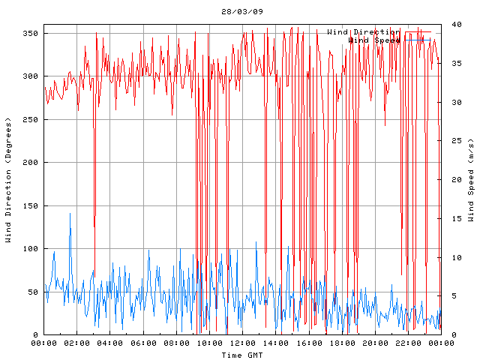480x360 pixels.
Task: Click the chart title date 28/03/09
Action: pyautogui.click(x=242, y=12)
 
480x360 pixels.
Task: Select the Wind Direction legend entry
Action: pyautogui.click(x=363, y=32)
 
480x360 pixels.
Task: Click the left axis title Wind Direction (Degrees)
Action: pyautogui.click(x=8, y=180)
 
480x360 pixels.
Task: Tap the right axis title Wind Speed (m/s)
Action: pyautogui.click(x=471, y=180)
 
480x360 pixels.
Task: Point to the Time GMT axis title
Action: pyautogui.click(x=242, y=355)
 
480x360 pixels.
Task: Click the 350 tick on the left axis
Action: pyautogui.click(x=30, y=34)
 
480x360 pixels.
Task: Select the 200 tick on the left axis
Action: pyautogui.click(x=30, y=162)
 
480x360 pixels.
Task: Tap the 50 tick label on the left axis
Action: pyautogui.click(x=32, y=292)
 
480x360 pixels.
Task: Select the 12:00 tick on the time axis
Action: pyautogui.click(x=242, y=343)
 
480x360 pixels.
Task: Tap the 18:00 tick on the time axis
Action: pyautogui.click(x=341, y=343)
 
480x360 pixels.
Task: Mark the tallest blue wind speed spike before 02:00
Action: pyautogui.click(x=70, y=214)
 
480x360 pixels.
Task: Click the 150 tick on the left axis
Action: pyautogui.click(x=30, y=205)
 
